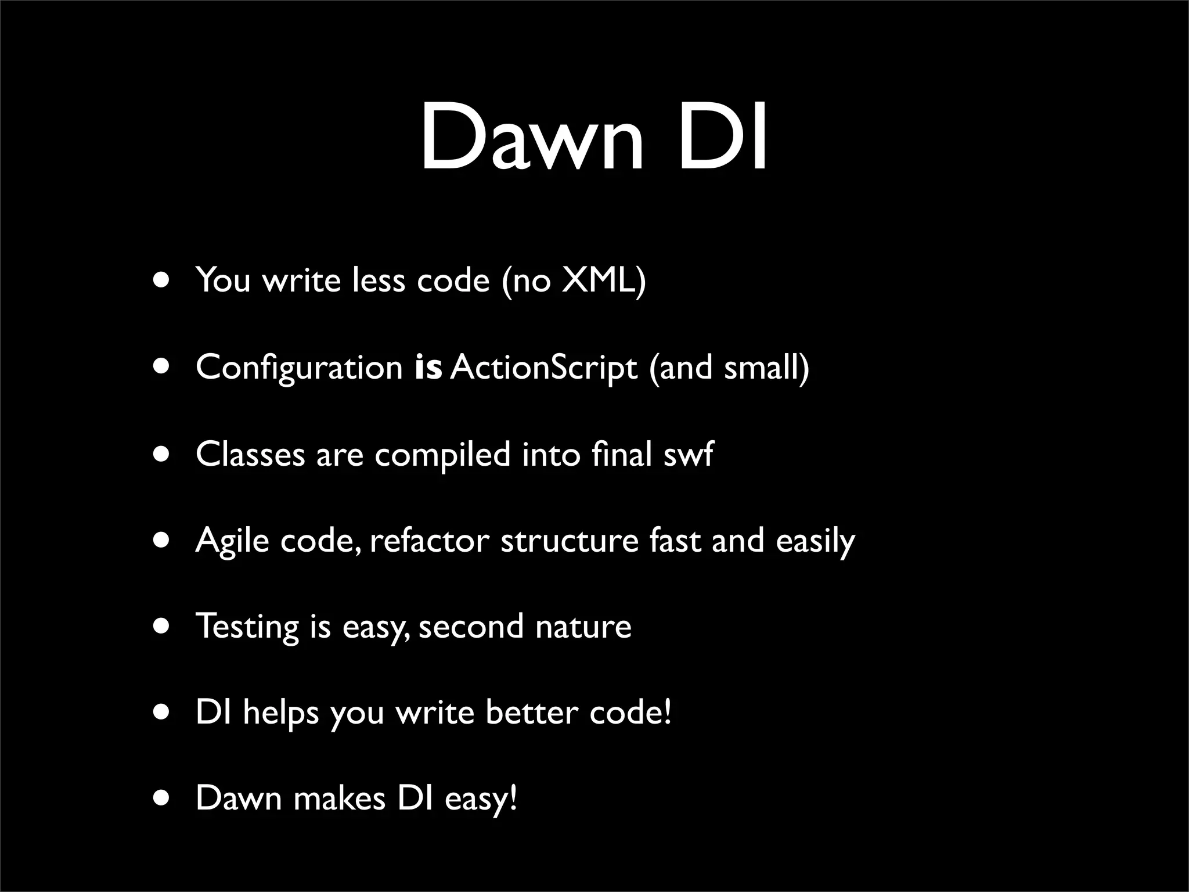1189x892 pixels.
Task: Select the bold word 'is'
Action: click(x=428, y=368)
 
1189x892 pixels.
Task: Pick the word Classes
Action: click(x=250, y=454)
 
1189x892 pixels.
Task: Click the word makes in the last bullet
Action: click(x=339, y=799)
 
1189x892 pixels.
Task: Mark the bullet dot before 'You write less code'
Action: click(x=162, y=280)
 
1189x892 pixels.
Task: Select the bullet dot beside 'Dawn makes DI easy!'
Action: click(x=162, y=799)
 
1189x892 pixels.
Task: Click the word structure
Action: click(x=569, y=540)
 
